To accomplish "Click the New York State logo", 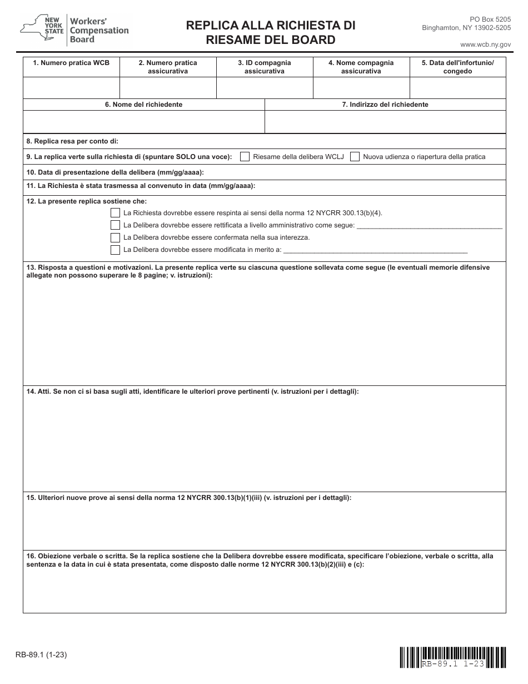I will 42,29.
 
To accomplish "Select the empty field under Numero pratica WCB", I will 71,88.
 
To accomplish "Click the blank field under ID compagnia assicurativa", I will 265,88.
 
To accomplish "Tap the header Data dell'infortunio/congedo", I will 457,67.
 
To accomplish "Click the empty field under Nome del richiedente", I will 143,121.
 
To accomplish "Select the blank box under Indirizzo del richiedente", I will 385,121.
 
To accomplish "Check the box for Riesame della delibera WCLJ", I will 245,157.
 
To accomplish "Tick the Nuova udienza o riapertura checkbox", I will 355,157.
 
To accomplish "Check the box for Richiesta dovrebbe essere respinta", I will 115,213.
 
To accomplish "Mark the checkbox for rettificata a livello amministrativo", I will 115,225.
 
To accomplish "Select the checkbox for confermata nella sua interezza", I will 115,237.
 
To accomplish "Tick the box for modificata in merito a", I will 115,250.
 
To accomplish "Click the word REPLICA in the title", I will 214,26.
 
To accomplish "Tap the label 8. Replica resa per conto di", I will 72,141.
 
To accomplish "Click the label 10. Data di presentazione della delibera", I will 116,172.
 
